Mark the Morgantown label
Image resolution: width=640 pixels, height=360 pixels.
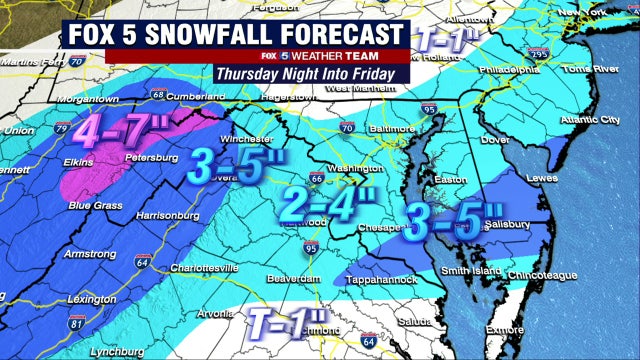(x=63, y=99)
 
